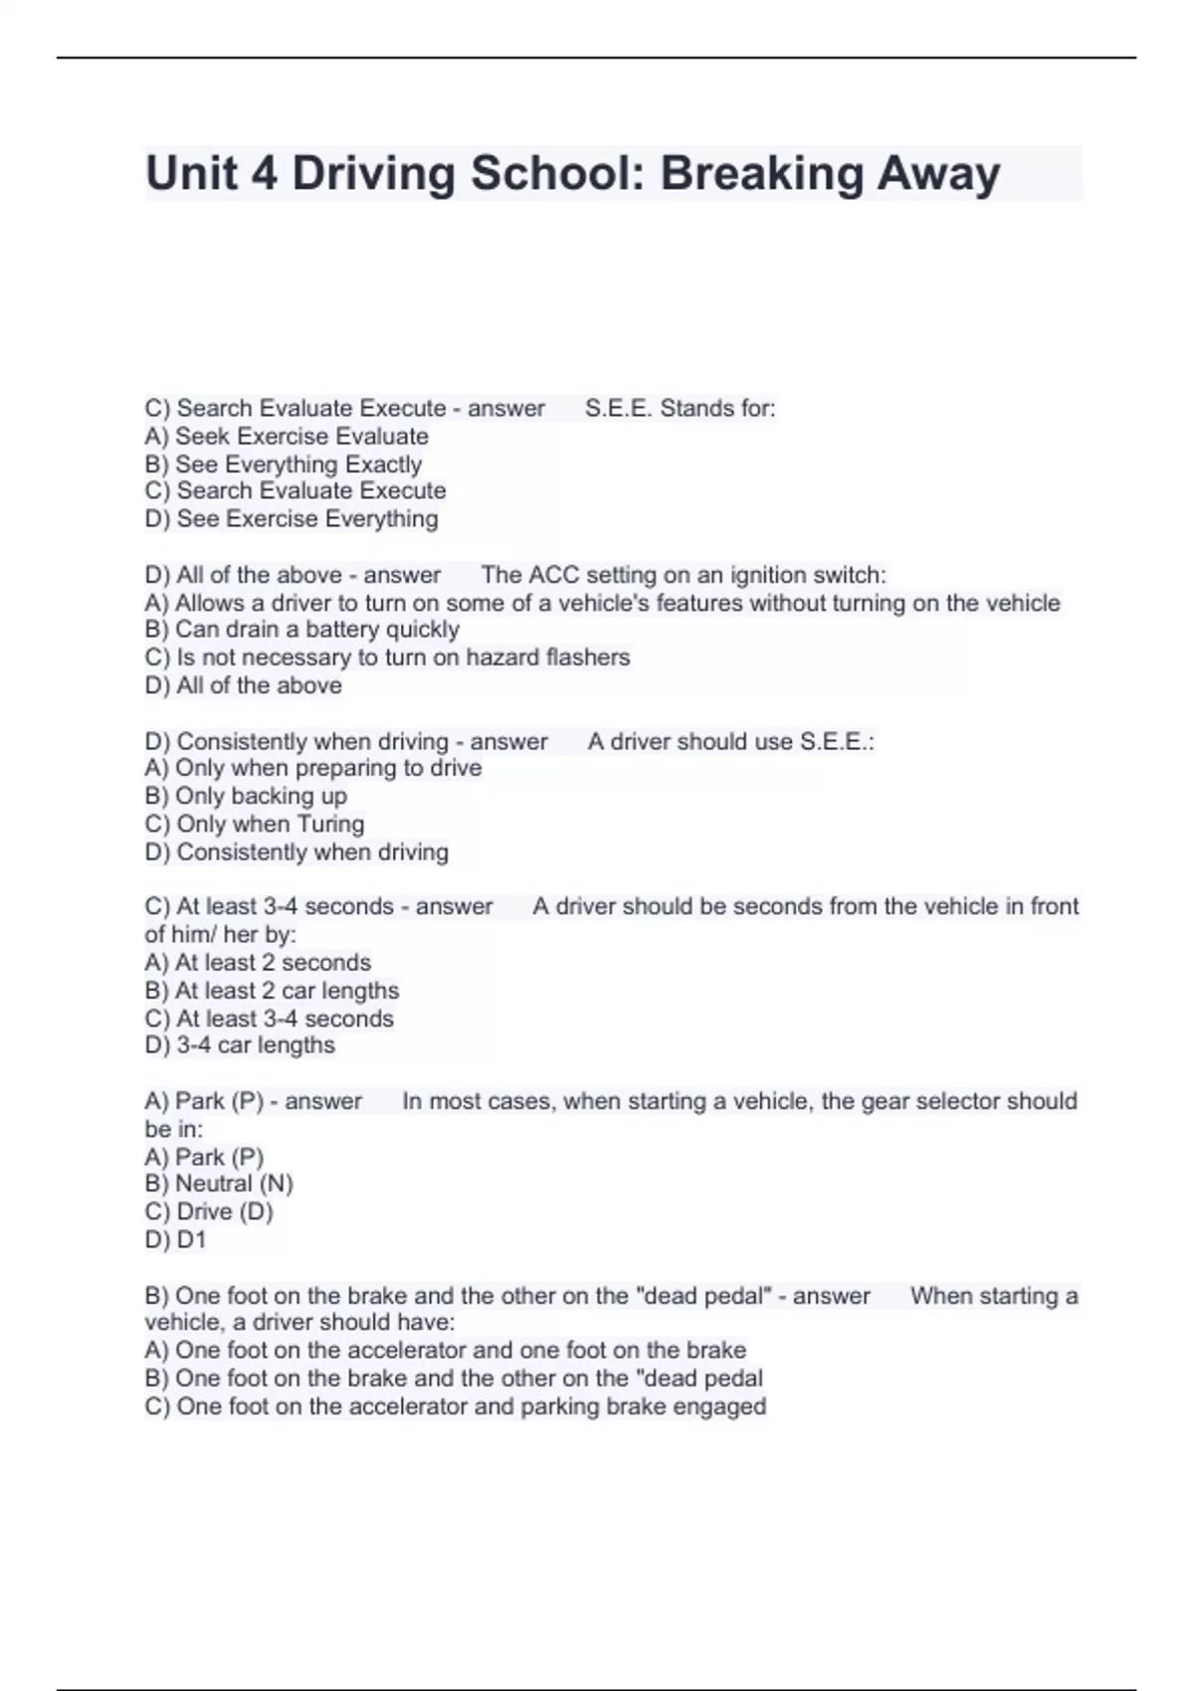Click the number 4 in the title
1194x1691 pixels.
coord(264,173)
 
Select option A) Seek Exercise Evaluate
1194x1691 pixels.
coord(287,437)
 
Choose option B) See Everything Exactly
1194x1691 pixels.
coord(284,465)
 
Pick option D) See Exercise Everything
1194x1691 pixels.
coord(292,519)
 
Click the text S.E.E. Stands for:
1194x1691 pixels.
coord(681,409)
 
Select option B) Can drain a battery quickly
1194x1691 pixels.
coord(302,630)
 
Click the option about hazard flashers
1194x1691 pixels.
coord(388,658)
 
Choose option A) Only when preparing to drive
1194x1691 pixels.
coord(313,768)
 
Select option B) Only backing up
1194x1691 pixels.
coord(246,796)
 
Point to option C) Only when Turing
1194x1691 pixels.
coord(255,824)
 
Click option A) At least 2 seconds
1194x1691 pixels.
coord(258,963)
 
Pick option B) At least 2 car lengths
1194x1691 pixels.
coord(272,991)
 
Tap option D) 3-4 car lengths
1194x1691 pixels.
coord(240,1045)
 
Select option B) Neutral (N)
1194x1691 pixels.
coord(219,1184)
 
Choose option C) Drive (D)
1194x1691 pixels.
coord(209,1212)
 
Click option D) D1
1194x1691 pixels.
coord(175,1239)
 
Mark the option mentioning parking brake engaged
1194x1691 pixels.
coord(456,1407)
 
